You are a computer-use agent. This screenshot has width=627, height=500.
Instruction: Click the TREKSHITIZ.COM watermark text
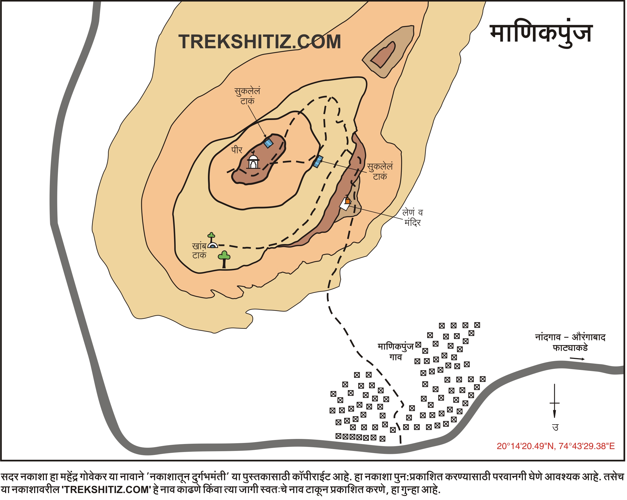tap(260, 42)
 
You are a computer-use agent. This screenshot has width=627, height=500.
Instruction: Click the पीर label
tap(237, 150)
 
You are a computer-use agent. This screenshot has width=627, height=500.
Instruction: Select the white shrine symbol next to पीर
tap(253, 162)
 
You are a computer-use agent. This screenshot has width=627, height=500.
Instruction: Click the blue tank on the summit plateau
tap(268, 143)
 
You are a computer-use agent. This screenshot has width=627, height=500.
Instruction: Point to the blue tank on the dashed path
tap(319, 161)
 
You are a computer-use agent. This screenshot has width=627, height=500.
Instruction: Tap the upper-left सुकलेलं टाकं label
tap(247, 96)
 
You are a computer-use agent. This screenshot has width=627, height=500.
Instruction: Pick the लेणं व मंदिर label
tap(412, 218)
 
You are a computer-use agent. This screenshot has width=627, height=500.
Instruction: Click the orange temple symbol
tap(348, 201)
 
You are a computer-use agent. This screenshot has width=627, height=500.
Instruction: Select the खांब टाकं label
tap(199, 251)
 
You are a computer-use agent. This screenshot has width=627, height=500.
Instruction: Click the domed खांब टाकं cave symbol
tap(213, 246)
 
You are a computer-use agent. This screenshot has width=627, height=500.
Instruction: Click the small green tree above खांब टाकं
tap(211, 236)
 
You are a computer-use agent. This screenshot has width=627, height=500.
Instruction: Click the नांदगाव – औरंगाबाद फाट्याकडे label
tap(570, 342)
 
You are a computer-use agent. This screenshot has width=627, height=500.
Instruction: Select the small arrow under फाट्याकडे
tap(577, 359)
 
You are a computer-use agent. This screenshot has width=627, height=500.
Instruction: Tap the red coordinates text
tap(556, 446)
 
